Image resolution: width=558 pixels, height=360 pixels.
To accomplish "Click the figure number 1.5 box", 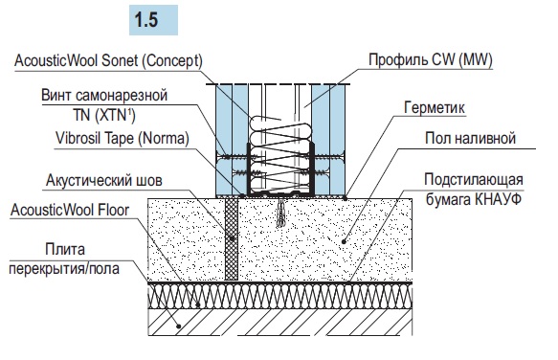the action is click(x=153, y=20).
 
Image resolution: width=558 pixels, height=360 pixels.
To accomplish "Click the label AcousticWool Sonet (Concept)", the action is click(x=108, y=61).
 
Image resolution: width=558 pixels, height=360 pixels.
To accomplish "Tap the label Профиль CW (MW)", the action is click(x=431, y=59).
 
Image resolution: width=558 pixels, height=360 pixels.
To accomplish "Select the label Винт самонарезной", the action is click(x=104, y=96).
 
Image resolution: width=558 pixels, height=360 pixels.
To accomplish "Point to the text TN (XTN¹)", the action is click(x=104, y=115).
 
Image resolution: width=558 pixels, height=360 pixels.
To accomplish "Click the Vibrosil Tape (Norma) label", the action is click(x=123, y=139).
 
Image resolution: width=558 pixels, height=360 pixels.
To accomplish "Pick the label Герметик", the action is click(x=435, y=107).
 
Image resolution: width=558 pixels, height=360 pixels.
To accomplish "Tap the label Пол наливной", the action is click(x=470, y=138).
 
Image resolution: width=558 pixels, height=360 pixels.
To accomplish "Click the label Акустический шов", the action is click(x=104, y=181).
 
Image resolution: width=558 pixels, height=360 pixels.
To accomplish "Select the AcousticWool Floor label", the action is click(x=70, y=210).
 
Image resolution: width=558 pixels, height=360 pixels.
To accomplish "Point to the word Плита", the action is click(x=65, y=250).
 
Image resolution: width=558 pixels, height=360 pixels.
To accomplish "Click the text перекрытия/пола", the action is click(x=64, y=268).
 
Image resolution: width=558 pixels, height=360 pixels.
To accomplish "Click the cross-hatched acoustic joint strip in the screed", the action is click(x=232, y=239).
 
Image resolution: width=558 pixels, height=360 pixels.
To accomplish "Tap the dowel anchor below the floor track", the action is click(x=281, y=213).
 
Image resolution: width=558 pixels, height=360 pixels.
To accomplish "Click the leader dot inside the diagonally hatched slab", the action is click(x=179, y=326).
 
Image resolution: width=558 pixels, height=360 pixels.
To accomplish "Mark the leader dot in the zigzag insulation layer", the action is click(x=198, y=304).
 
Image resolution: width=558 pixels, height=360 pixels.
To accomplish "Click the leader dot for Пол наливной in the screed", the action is click(x=344, y=242).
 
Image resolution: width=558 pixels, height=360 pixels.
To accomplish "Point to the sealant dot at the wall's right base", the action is click(x=346, y=198).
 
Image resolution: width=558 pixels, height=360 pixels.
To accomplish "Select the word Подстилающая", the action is click(x=474, y=180).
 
